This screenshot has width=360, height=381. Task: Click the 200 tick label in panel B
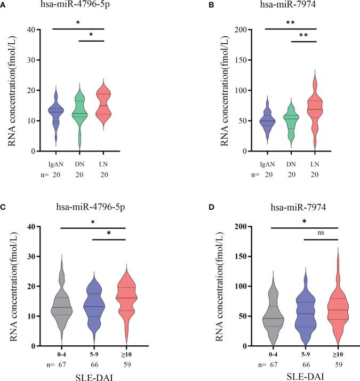click(231, 30)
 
